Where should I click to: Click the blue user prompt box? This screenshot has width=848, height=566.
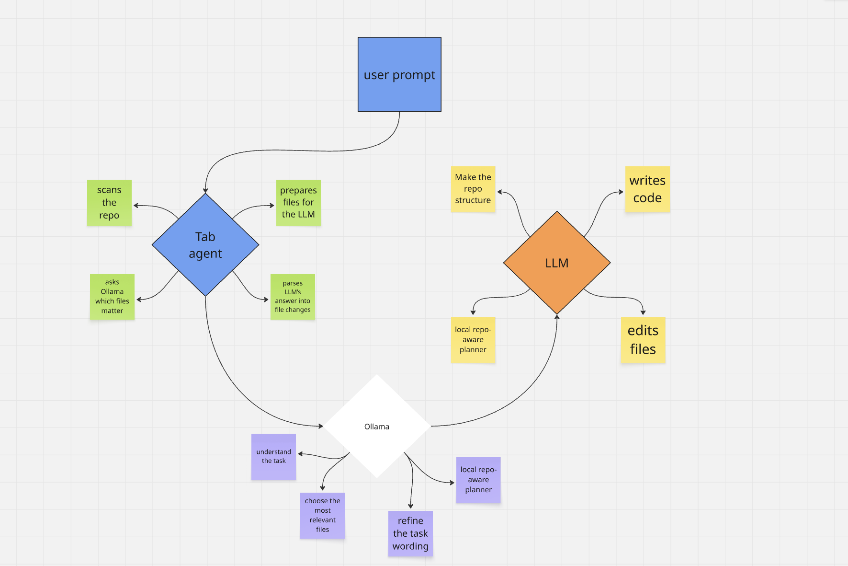[x=399, y=74]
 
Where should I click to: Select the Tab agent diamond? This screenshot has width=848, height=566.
[x=205, y=245]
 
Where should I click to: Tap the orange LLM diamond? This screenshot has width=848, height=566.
[x=557, y=263]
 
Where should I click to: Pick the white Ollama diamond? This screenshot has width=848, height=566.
[x=377, y=426]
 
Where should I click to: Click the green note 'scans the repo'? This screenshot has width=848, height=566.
[x=109, y=203]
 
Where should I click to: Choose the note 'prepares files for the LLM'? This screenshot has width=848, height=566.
[x=298, y=203]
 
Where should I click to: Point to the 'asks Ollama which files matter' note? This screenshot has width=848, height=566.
[x=112, y=297]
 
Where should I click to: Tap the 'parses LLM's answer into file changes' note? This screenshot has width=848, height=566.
[x=293, y=297]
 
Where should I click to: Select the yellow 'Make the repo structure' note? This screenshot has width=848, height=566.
[x=473, y=189]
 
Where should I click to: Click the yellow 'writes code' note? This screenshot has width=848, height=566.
[x=647, y=189]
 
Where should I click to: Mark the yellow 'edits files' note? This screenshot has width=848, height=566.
[x=643, y=340]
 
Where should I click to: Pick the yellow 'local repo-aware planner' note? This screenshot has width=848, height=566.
[x=473, y=340]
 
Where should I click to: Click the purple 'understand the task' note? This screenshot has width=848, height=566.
[x=273, y=456]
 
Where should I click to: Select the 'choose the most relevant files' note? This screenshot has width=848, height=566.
[x=322, y=515]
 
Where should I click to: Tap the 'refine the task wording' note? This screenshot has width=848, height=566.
[x=410, y=533]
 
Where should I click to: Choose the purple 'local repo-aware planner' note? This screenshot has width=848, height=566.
[x=478, y=480]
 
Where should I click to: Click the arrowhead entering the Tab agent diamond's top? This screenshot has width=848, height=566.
[x=205, y=191]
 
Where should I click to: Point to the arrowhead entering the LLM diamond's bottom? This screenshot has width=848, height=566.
[x=557, y=317]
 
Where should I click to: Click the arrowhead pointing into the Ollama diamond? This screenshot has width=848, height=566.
[x=321, y=426]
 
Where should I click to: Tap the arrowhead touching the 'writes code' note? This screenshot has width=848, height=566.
[x=621, y=192]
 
